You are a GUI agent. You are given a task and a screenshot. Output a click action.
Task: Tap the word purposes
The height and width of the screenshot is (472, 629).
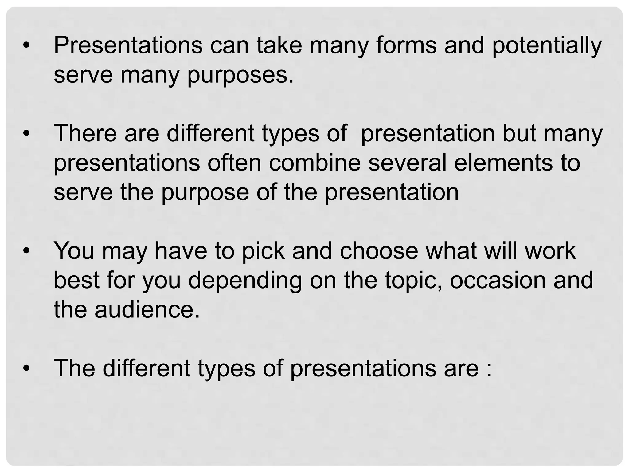(x=240, y=76)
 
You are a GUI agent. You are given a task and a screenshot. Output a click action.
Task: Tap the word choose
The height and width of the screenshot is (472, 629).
(x=379, y=251)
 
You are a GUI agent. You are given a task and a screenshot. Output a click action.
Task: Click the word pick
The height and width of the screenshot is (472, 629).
(x=263, y=251)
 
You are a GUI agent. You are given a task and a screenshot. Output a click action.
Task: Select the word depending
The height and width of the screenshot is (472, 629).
(x=245, y=281)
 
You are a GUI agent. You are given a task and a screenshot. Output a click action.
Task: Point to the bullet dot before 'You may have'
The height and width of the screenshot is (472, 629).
(x=27, y=251)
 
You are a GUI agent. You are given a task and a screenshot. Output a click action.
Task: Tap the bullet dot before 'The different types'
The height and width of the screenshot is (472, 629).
(x=27, y=368)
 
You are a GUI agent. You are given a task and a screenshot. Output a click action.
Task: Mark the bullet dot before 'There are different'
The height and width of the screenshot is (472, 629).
(x=27, y=134)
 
